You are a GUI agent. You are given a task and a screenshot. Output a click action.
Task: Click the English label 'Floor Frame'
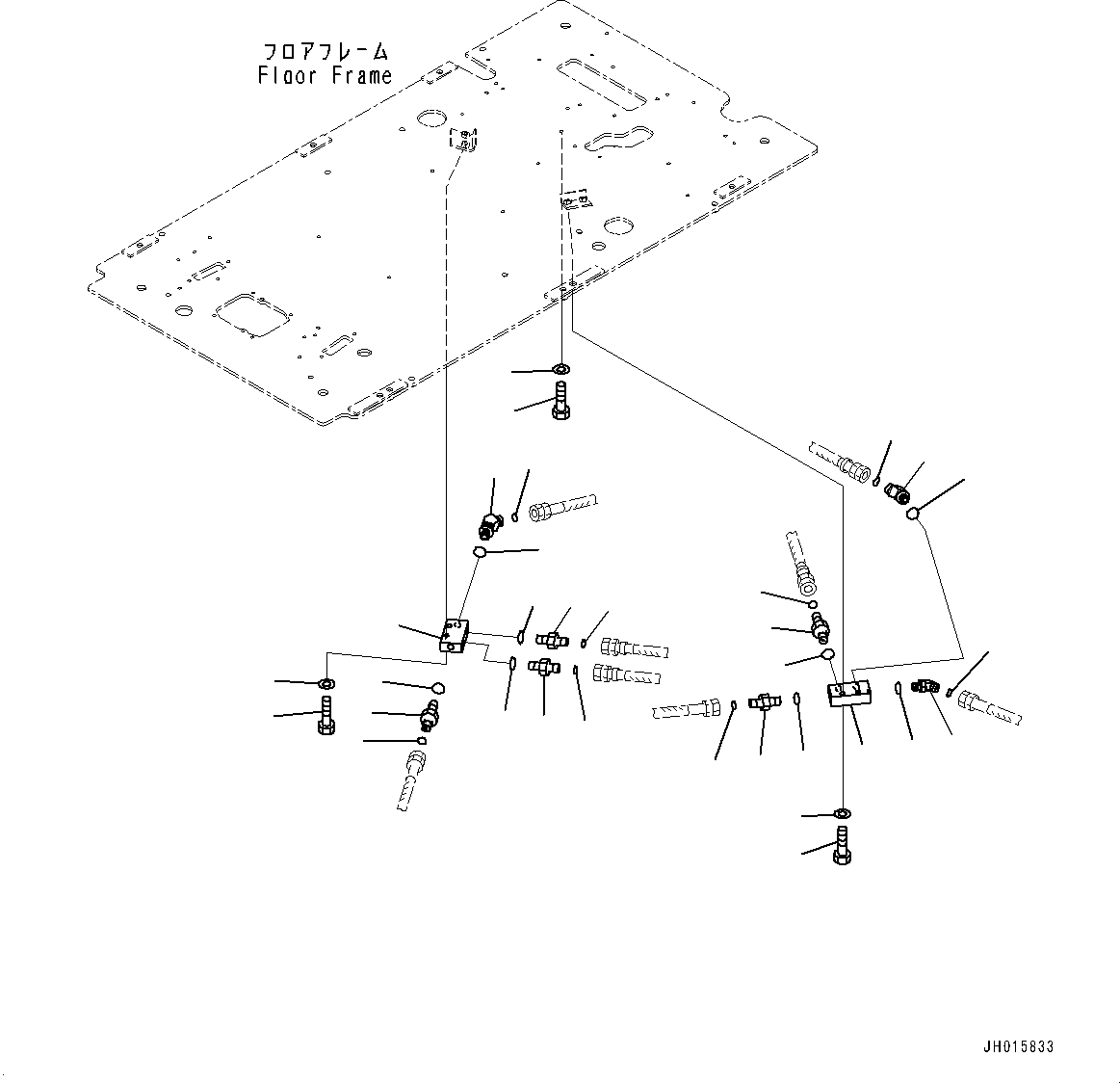pos(325,75)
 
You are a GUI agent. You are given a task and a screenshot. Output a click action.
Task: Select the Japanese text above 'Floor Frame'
pos(325,50)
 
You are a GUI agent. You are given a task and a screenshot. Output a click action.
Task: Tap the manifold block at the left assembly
pos(453,637)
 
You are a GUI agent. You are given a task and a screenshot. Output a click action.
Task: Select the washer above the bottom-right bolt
pos(842,814)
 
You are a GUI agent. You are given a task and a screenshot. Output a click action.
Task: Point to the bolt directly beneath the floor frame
pos(561,401)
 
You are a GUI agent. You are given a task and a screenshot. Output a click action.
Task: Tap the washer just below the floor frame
pos(560,369)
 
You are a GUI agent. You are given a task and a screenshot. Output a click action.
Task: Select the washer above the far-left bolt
pos(326,684)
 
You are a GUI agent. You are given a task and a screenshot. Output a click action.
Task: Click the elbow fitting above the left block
pos(489,524)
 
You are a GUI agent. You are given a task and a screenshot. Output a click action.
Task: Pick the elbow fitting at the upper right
pos(898,492)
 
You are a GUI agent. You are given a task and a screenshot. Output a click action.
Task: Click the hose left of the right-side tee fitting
pos(687,710)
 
